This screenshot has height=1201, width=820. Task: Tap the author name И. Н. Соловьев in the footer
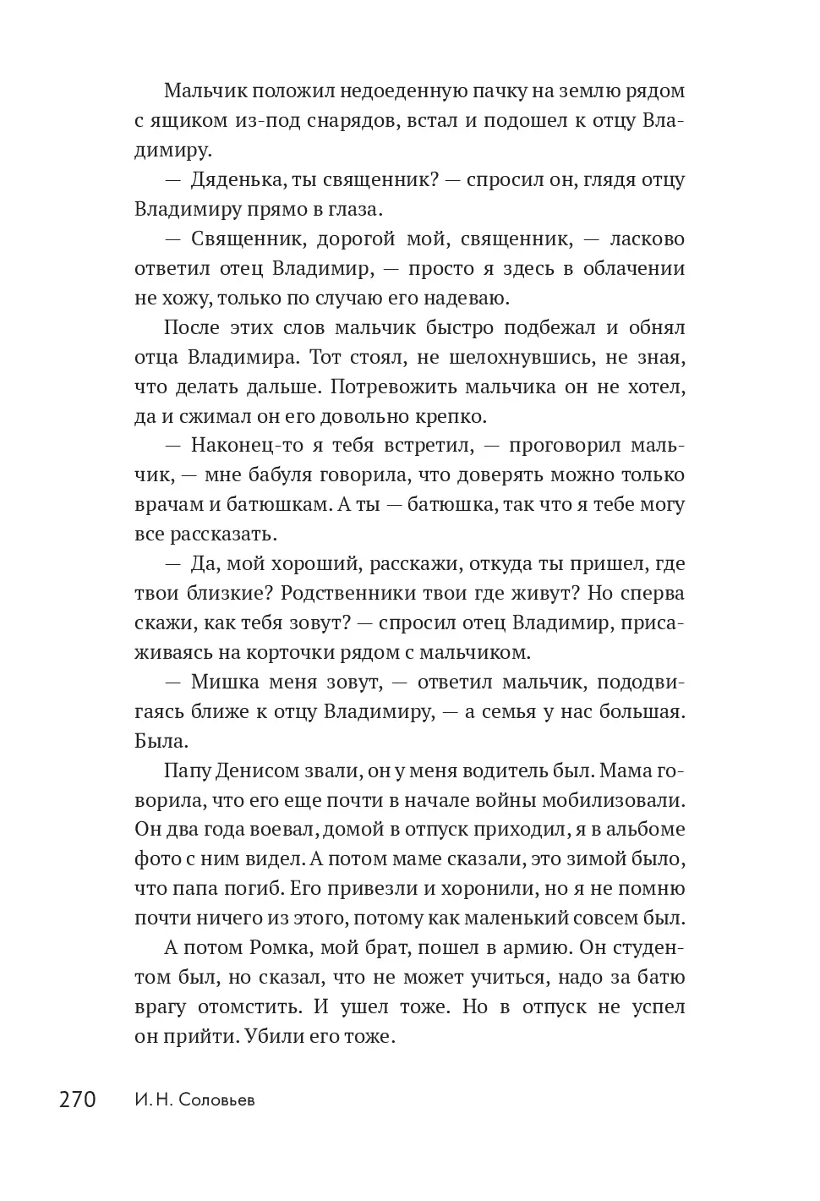(x=194, y=1100)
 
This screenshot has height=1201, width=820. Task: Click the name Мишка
(x=221, y=683)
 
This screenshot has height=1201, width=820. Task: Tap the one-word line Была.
(x=159, y=742)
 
